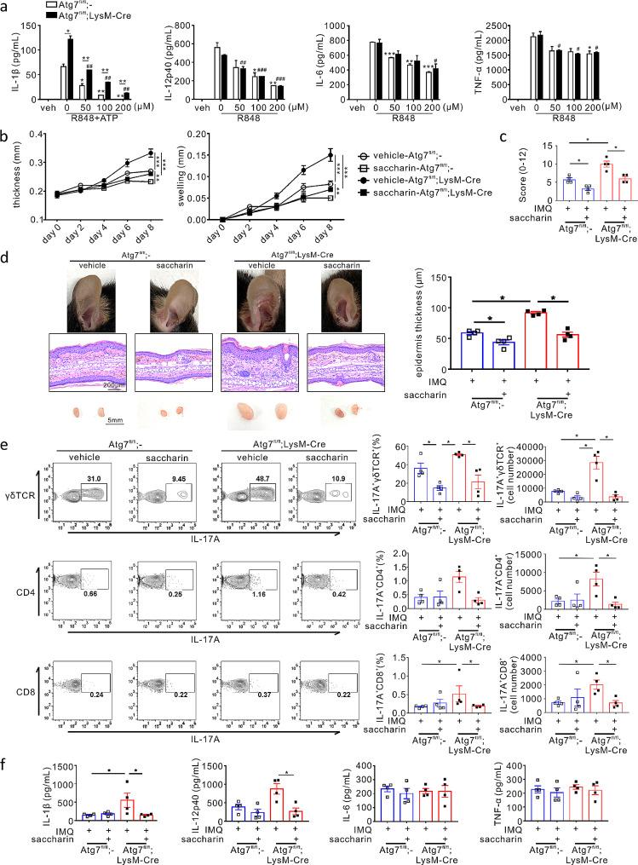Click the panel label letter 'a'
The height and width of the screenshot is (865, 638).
click(6, 7)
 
